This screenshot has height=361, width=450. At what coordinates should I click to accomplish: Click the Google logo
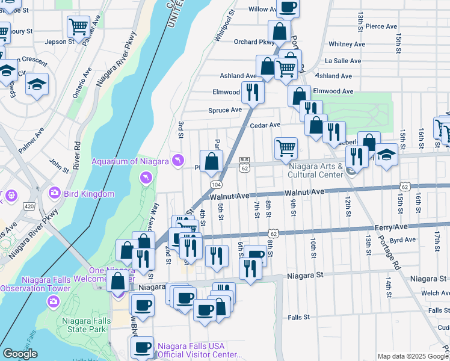pos(20,354)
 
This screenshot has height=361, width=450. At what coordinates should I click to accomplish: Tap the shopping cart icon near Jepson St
pos(79,26)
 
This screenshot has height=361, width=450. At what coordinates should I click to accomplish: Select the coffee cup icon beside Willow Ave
pos(288,7)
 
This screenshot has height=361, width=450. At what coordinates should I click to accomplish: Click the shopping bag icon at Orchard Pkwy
pos(279,31)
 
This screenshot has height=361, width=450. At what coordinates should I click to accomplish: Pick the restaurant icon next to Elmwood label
pos(252,93)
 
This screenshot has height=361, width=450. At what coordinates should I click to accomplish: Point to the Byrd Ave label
pos(402,239)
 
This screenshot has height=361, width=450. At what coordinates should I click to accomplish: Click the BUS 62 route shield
pos(244,165)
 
